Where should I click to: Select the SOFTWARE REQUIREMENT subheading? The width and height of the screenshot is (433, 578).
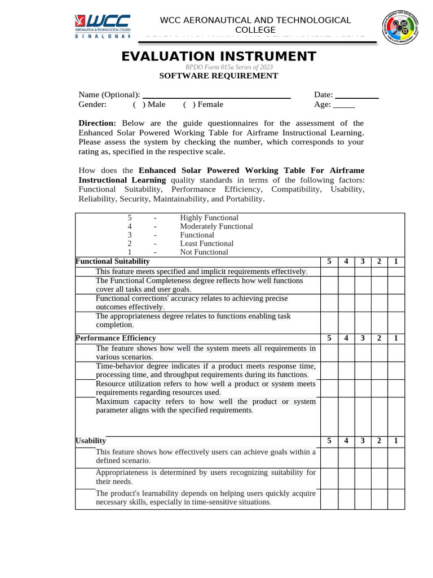tap(219, 76)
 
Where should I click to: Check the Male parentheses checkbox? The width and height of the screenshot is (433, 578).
tap(137, 104)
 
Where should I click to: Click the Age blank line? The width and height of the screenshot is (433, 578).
tap(344, 105)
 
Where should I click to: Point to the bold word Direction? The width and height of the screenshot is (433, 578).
tap(97, 123)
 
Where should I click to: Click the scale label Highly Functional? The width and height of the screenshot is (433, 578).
tap(209, 218)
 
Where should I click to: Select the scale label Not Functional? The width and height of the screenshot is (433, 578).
tap(204, 252)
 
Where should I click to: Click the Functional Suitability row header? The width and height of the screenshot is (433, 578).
tap(113, 261)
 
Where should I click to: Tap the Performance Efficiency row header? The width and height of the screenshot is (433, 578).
tap(116, 338)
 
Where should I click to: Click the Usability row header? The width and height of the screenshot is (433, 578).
tap(91, 441)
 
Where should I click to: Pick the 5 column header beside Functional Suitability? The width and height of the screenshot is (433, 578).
tap(329, 261)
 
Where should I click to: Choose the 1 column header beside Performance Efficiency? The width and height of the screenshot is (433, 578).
tap(396, 338)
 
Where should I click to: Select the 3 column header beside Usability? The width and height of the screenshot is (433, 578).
tap(363, 441)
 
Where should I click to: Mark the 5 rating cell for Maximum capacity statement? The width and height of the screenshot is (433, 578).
tap(329, 417)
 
